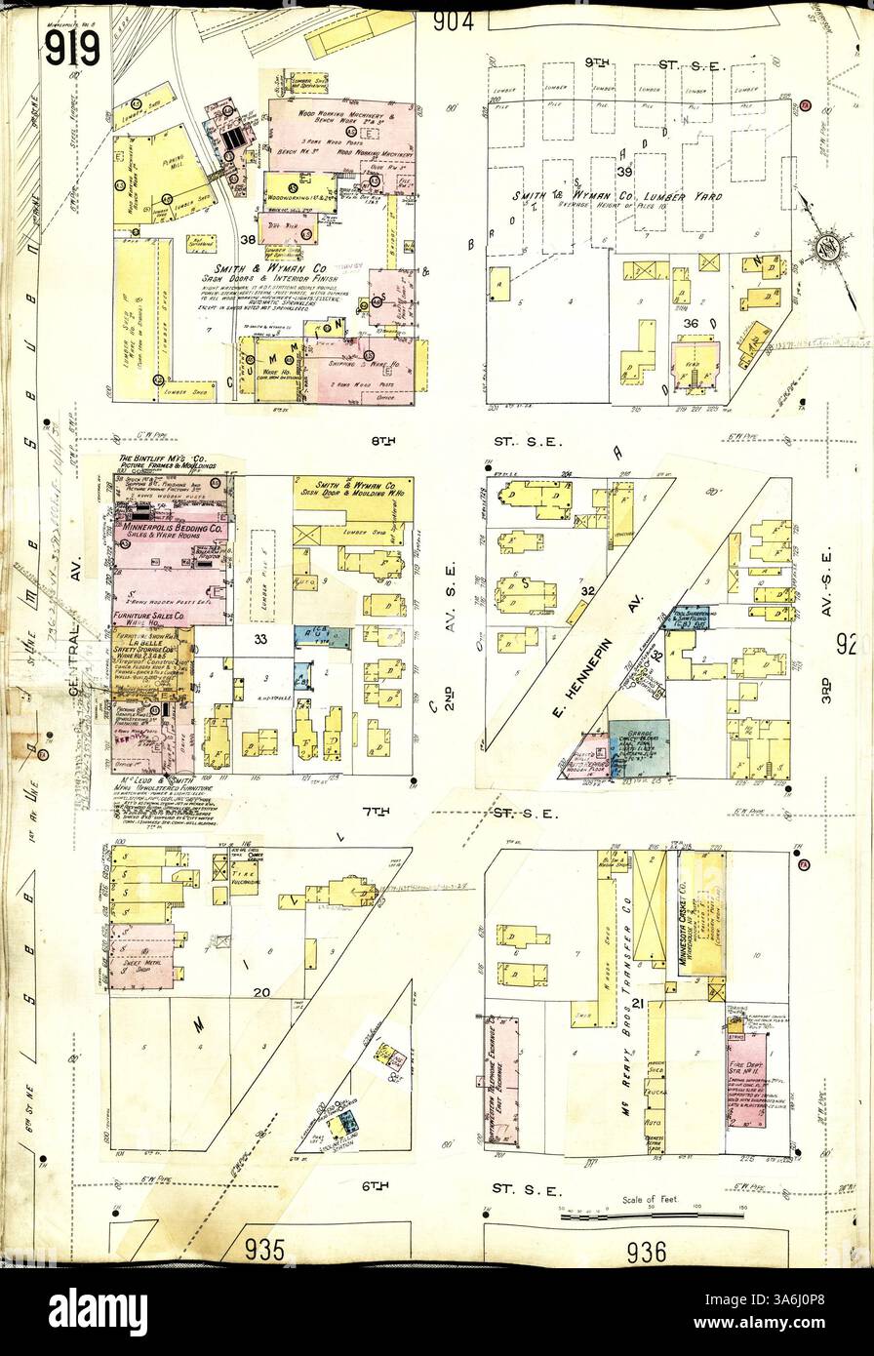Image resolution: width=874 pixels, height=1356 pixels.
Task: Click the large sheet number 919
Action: [71, 45]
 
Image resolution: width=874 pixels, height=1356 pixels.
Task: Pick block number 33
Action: [259, 640]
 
